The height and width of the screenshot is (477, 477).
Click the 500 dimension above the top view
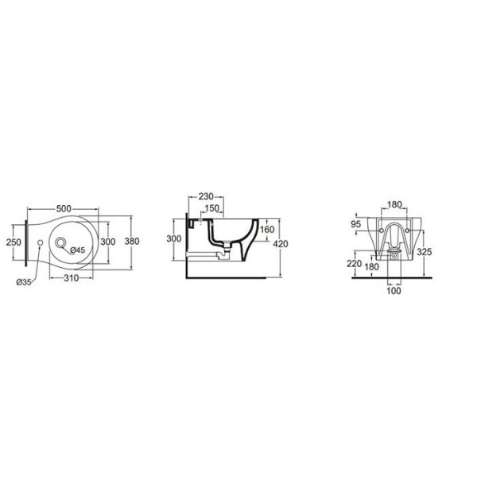tap(64, 208)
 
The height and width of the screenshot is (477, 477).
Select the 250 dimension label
tap(14, 242)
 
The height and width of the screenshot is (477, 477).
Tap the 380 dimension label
tap(132, 241)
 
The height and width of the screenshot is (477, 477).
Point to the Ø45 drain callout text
tap(77, 250)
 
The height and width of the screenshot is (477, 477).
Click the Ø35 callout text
tap(24, 282)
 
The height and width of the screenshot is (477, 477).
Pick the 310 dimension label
tap(72, 278)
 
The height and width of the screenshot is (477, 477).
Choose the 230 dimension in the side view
tap(206, 196)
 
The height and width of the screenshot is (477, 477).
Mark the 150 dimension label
tap(211, 208)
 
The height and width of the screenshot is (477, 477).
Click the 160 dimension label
tap(267, 230)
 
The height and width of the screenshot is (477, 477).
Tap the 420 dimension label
tap(281, 244)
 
